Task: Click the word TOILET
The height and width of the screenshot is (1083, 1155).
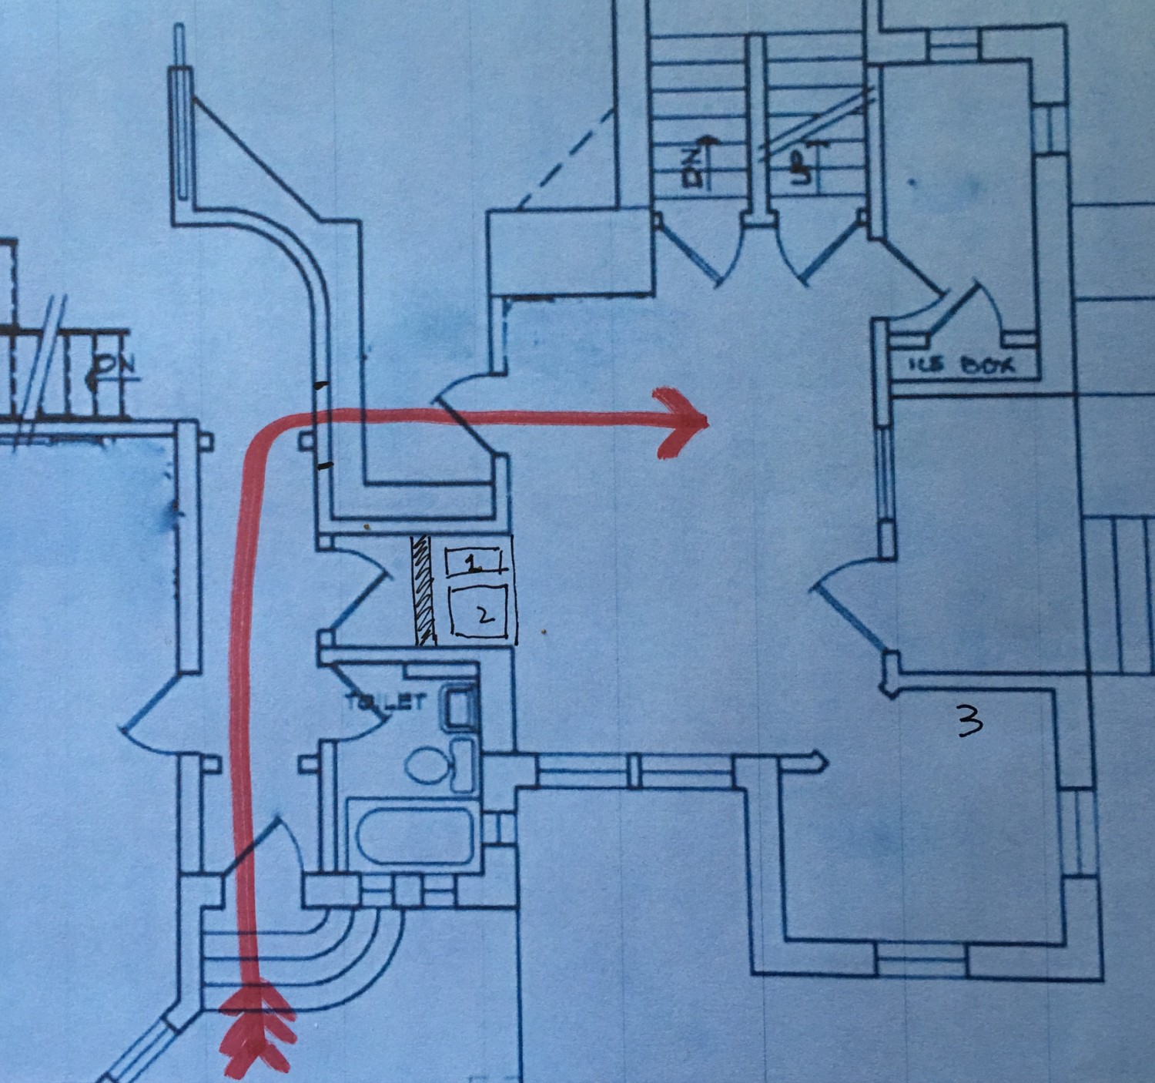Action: click(385, 702)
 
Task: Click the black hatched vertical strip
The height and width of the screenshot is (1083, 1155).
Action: click(423, 590)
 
